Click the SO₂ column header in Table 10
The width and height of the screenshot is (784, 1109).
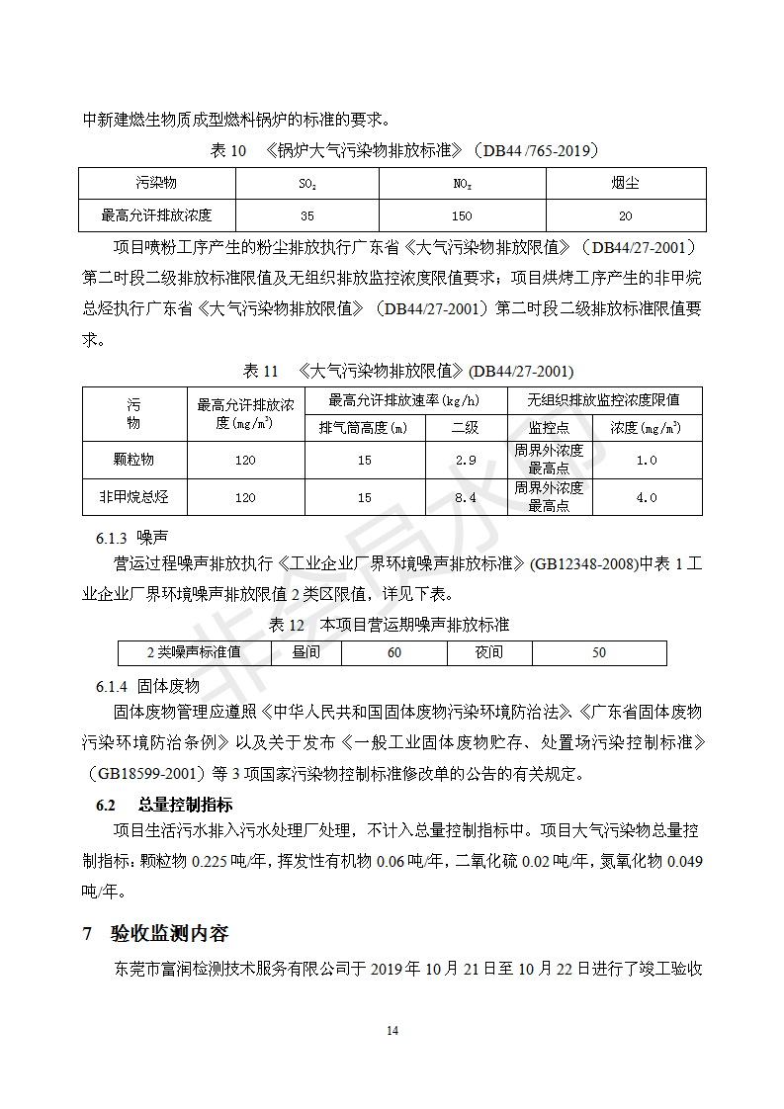307,184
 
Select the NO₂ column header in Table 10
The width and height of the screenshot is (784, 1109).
462,184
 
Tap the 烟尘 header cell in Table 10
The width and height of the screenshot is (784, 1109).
625,184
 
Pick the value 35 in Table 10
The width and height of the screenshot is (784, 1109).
307,215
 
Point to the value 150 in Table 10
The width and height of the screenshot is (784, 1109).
462,215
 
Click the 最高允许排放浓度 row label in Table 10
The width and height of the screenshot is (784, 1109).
156,214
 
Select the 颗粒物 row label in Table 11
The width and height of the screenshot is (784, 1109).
134,460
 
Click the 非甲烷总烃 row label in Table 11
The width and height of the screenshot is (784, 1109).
134,497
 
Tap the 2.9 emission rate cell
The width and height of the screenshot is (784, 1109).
466,461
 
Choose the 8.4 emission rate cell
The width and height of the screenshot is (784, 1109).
466,498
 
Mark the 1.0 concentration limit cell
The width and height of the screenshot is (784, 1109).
647,461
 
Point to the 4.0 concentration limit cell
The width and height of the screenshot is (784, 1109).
647,498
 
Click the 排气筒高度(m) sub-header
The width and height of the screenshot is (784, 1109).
364,428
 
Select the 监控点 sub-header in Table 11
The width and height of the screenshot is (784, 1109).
549,428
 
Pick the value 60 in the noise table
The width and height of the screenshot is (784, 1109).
394,652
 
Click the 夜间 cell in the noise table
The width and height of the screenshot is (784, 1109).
489,652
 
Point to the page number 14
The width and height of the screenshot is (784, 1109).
392,1031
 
